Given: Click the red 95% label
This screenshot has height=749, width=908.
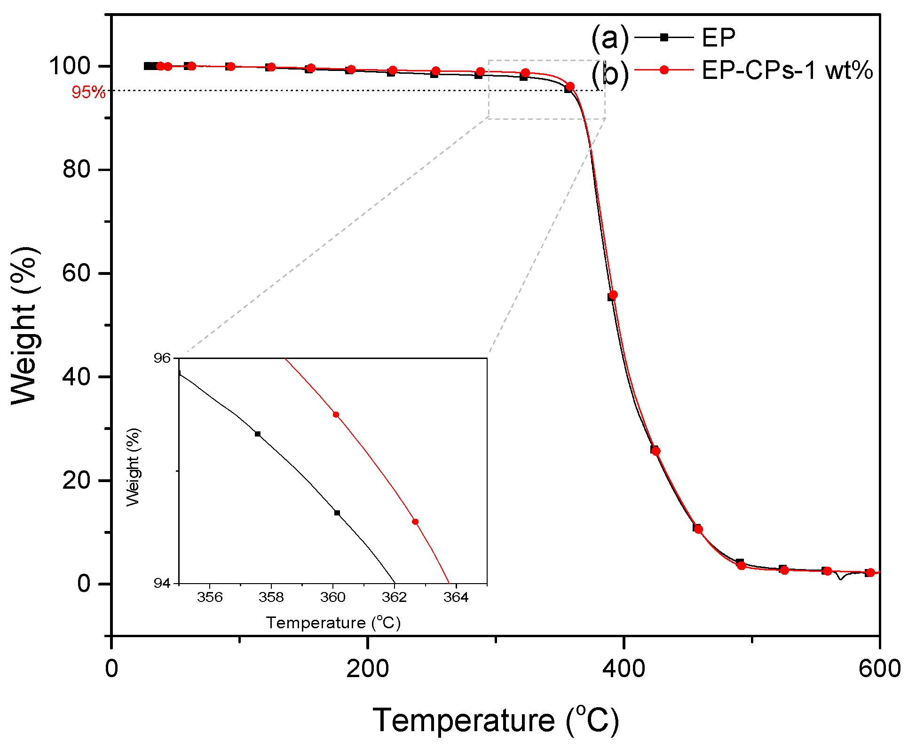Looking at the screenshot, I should (x=88, y=93).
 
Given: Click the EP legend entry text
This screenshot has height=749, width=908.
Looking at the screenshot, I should (x=718, y=38).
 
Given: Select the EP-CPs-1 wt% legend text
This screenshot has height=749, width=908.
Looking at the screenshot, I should (x=787, y=70).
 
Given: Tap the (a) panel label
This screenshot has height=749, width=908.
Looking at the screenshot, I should (x=609, y=38).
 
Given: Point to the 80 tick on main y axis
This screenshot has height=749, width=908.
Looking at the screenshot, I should (x=77, y=169).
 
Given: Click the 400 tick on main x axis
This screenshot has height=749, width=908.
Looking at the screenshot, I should (x=624, y=668).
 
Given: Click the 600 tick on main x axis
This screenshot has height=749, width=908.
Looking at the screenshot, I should (x=879, y=668).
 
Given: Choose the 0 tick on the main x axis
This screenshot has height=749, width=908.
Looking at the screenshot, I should (x=111, y=668).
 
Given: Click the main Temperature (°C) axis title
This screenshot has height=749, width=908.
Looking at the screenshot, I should (x=496, y=720).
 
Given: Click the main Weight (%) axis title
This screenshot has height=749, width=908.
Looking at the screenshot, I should (x=24, y=325).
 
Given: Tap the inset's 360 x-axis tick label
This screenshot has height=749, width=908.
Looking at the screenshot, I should (x=332, y=597).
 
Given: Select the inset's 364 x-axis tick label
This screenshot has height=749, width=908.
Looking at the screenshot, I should (x=456, y=597).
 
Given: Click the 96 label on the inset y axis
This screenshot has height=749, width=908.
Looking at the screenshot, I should (x=162, y=359).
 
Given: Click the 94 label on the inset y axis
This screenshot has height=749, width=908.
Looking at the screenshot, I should (x=162, y=583).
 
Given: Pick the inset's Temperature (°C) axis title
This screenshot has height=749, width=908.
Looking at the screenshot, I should (x=333, y=623).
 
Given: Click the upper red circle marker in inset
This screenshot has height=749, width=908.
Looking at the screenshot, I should (x=336, y=414).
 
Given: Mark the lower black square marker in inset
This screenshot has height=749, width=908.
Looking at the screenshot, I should (x=337, y=513).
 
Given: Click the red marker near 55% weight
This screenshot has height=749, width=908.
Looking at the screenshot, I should (x=613, y=295).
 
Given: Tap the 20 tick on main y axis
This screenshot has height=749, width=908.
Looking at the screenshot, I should (x=77, y=480).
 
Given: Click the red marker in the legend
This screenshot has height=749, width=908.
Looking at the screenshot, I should (x=664, y=70).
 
